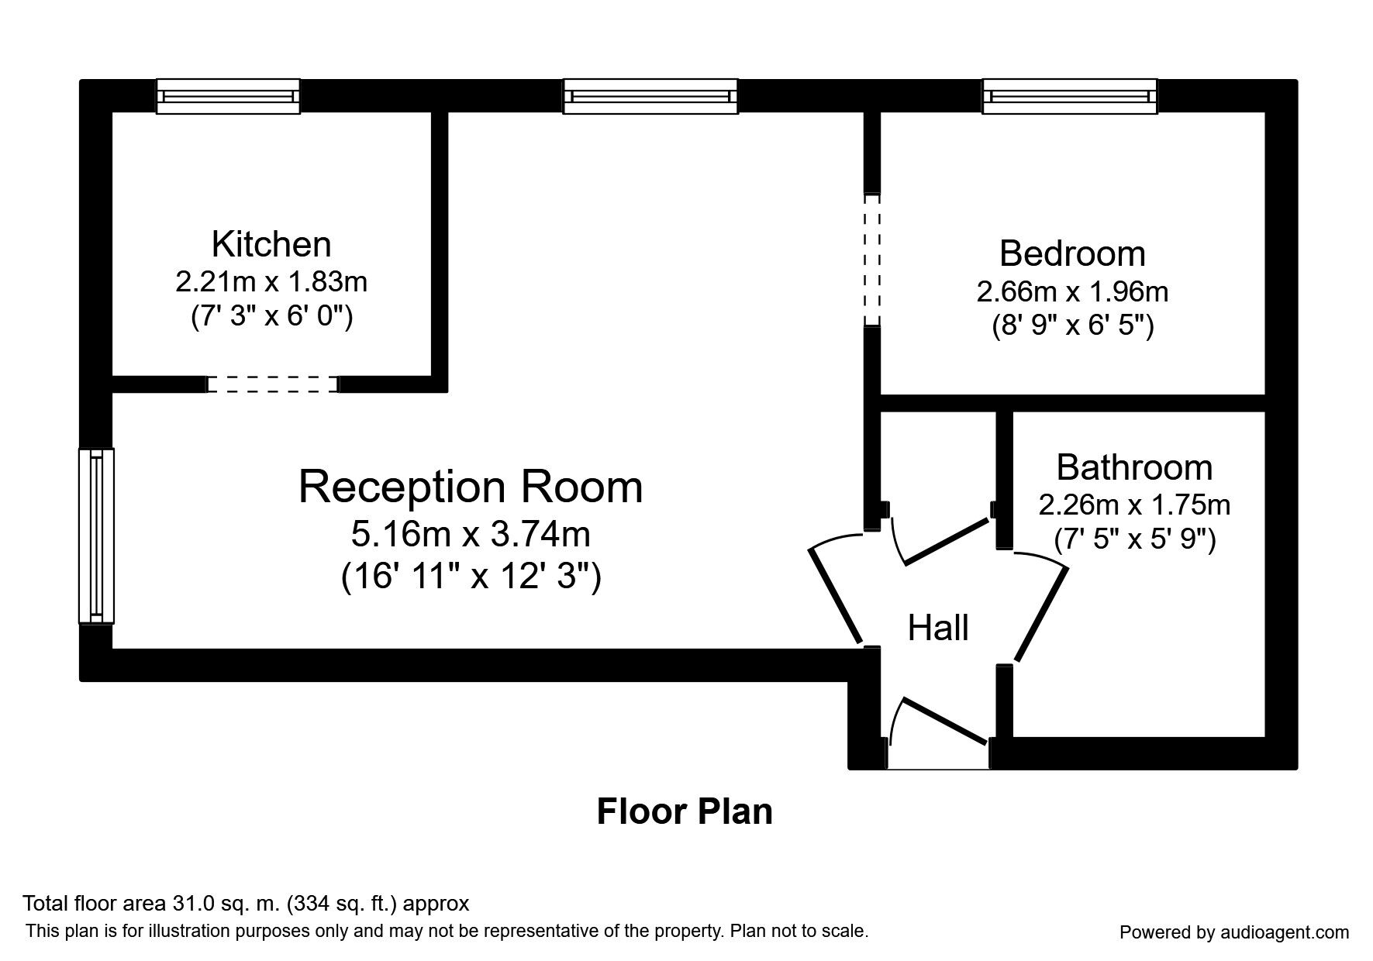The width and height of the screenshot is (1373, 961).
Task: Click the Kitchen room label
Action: coord(271,244)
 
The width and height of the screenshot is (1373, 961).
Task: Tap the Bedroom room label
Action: coord(1072,253)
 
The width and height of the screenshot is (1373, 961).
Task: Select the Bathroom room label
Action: coord(1134,467)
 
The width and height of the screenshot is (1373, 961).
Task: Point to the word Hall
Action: coord(938,628)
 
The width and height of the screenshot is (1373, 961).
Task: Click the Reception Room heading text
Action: coord(471,487)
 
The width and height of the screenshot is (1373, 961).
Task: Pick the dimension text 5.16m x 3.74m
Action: coord(471,534)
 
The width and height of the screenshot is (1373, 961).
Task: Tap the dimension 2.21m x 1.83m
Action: coord(271,281)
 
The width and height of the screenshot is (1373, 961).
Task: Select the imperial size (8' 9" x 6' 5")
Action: coord(1072,325)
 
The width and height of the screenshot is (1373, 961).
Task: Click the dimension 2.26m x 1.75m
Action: coord(1134,505)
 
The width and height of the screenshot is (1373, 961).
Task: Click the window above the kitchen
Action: coord(228,96)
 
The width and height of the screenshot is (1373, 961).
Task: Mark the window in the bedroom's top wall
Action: coord(1070,96)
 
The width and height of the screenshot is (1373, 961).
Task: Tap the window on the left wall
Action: coord(96,536)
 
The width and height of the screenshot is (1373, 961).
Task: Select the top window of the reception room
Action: coord(650,96)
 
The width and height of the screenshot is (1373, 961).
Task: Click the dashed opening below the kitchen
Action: coord(273,384)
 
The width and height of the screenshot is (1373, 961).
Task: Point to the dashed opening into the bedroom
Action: coord(872,260)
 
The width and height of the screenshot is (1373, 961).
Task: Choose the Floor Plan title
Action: coord(685,811)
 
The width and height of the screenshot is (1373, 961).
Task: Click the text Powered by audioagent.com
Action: coord(1234,932)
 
